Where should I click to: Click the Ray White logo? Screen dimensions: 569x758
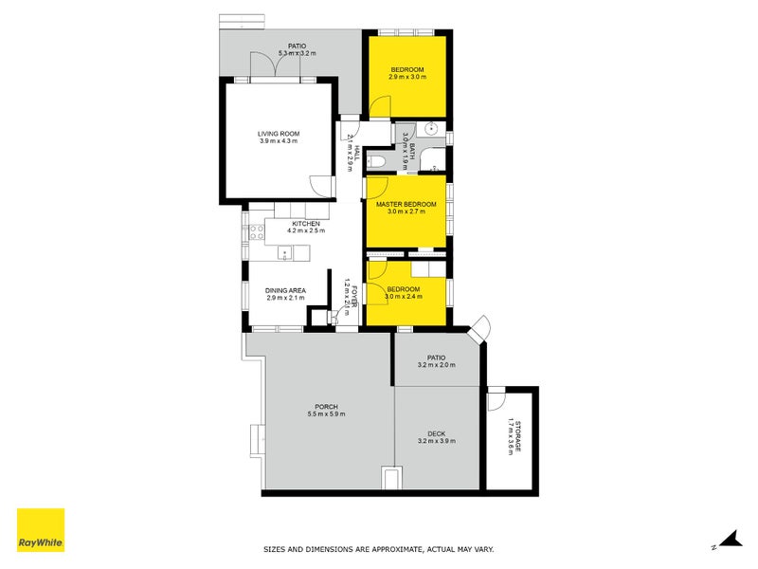click(x=41, y=530)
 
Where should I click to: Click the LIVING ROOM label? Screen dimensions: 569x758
click(x=278, y=134)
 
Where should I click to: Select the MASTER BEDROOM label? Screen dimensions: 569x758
click(x=406, y=205)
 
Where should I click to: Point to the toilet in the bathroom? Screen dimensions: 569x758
click(x=376, y=162)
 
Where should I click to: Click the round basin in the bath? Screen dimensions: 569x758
click(x=431, y=129)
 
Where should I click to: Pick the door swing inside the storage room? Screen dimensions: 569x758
click(x=495, y=401)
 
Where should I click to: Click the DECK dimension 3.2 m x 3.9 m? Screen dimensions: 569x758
click(x=436, y=441)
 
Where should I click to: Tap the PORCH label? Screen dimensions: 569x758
click(x=322, y=408)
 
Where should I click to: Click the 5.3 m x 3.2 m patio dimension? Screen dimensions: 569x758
click(x=298, y=53)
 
